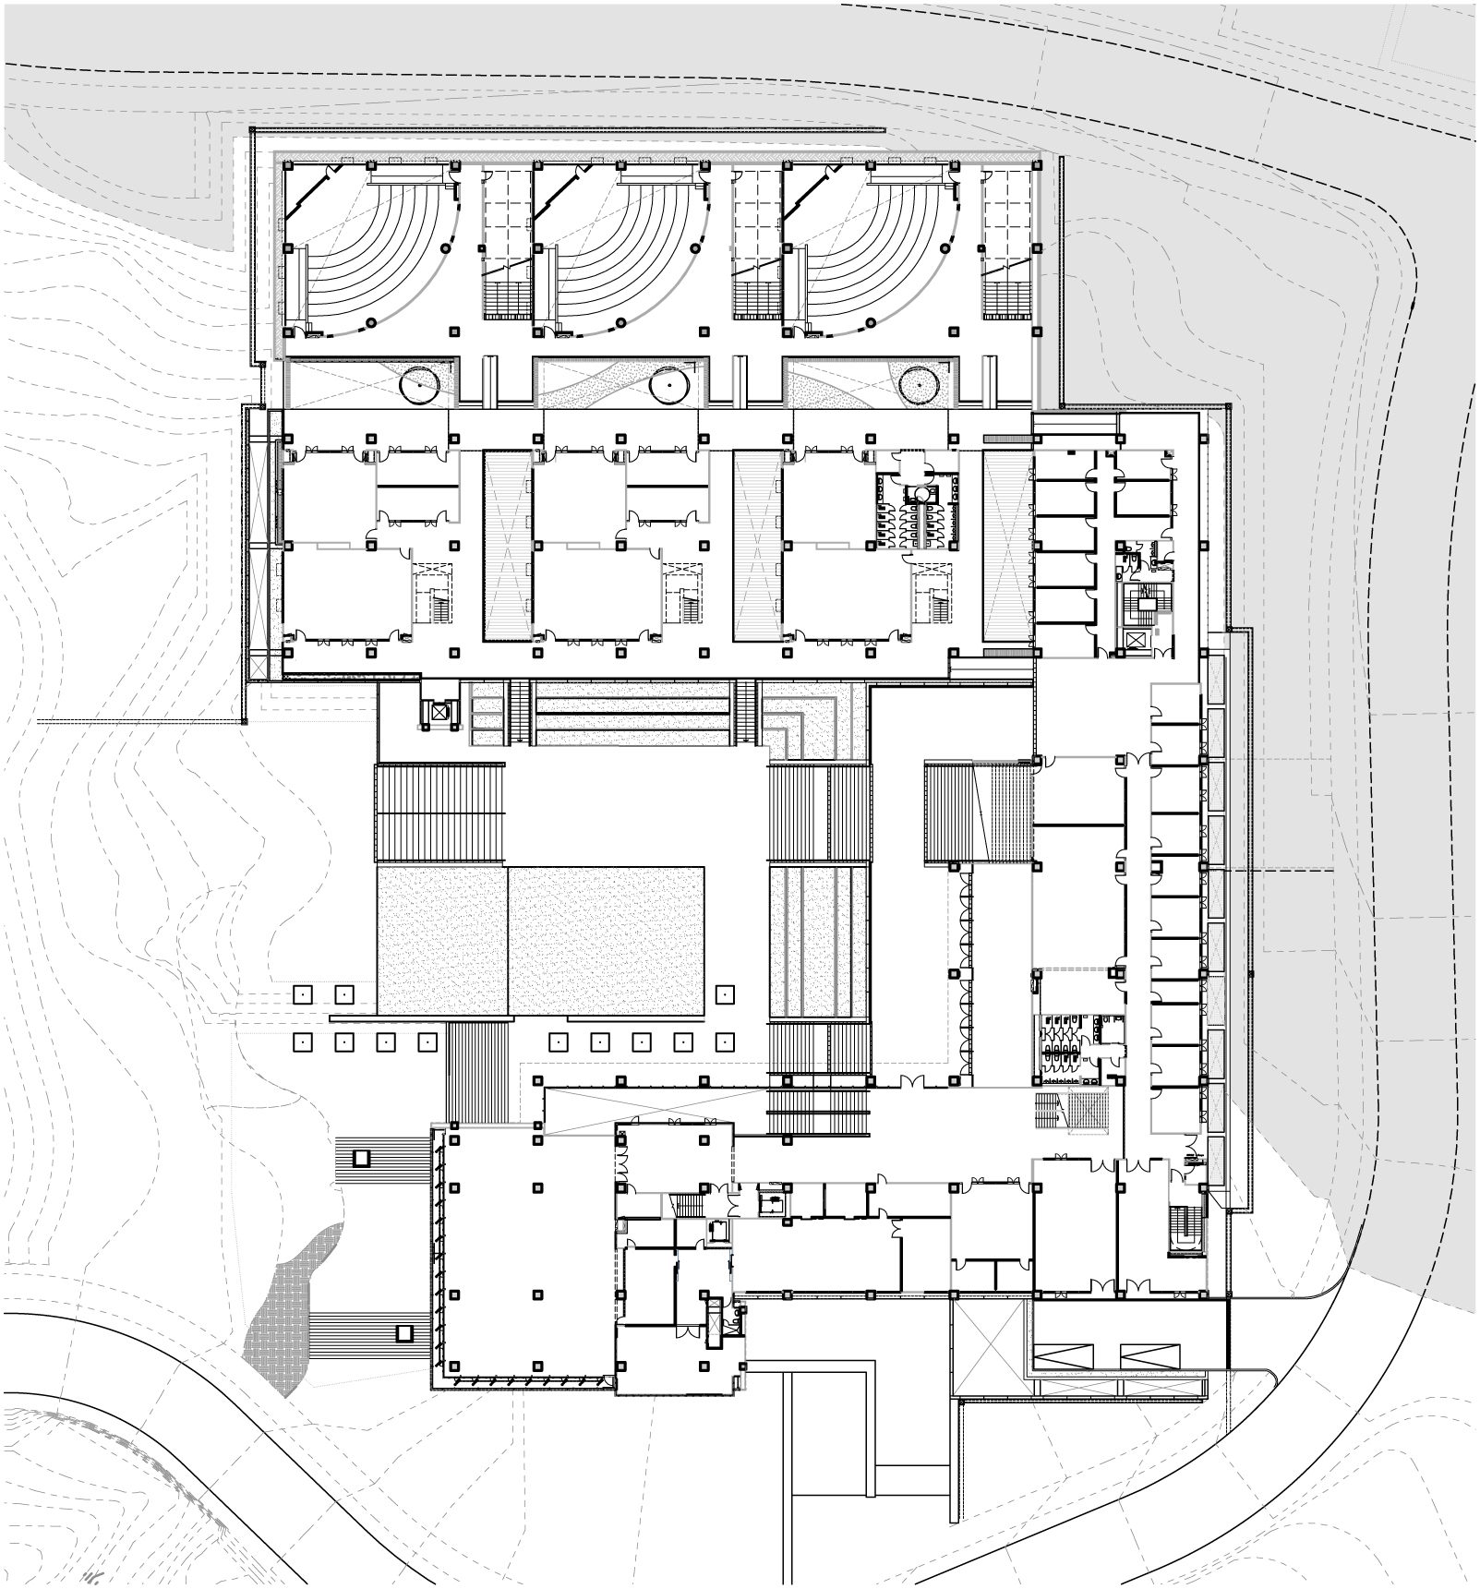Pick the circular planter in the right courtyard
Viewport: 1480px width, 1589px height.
920,382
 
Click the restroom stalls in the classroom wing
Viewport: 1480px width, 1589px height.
909,517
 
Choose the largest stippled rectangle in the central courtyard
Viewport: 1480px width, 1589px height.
605,937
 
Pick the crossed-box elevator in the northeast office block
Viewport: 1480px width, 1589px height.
1134,639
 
